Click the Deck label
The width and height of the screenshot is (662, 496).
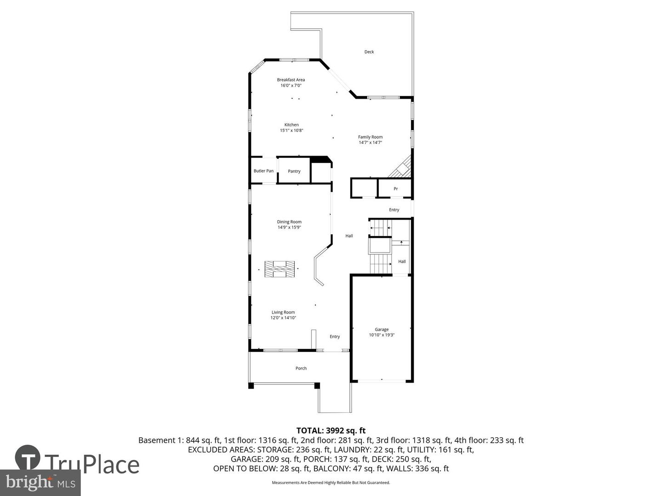369,52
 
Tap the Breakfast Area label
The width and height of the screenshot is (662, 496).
291,80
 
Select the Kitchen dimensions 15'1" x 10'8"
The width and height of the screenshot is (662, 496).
291,130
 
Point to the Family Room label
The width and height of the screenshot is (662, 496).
370,137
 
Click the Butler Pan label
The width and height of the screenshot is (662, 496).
263,171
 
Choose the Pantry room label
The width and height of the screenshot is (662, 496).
294,171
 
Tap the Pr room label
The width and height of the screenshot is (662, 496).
395,189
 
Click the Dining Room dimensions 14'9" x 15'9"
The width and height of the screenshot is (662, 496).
289,227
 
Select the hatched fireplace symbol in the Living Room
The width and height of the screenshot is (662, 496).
280,269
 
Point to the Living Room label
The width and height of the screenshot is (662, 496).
283,312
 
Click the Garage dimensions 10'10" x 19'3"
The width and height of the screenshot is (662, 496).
382,335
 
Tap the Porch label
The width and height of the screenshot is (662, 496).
301,368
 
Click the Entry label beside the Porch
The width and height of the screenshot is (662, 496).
335,337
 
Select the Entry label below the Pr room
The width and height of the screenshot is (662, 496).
394,210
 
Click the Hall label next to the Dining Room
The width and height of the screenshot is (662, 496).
349,236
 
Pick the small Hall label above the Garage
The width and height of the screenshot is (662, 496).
402,262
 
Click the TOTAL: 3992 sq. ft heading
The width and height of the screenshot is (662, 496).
331,430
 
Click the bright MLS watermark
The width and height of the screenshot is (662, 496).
40,482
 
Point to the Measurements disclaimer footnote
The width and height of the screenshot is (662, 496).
331,483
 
